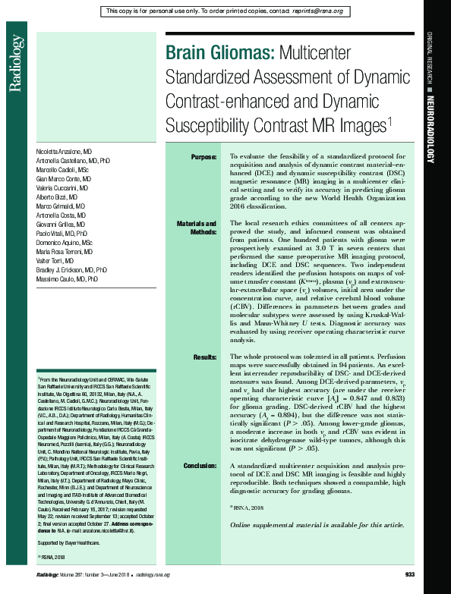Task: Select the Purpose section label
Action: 203,157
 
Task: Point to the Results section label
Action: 205,356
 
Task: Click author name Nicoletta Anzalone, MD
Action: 65,153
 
